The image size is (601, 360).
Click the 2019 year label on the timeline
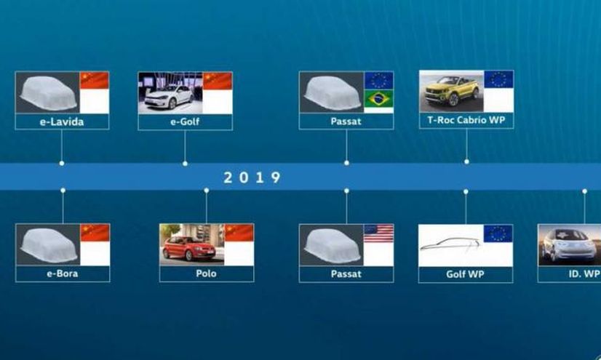252,177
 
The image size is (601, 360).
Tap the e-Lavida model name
62,121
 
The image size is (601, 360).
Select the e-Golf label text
185,121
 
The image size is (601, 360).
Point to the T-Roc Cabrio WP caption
466,120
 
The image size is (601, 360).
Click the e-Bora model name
63,273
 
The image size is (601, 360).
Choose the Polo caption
206,273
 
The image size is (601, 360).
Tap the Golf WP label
466,274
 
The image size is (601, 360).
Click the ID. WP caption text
584,274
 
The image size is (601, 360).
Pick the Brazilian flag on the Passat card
378,99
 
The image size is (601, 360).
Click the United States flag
378,233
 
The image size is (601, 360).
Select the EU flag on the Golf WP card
498,233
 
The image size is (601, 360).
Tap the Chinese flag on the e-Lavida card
95,81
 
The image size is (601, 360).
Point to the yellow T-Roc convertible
452,91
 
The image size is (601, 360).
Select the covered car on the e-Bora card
49,246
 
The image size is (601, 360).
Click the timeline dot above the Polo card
206,191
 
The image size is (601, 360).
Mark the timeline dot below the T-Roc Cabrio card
466,161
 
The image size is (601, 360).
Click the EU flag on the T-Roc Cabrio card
498,79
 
